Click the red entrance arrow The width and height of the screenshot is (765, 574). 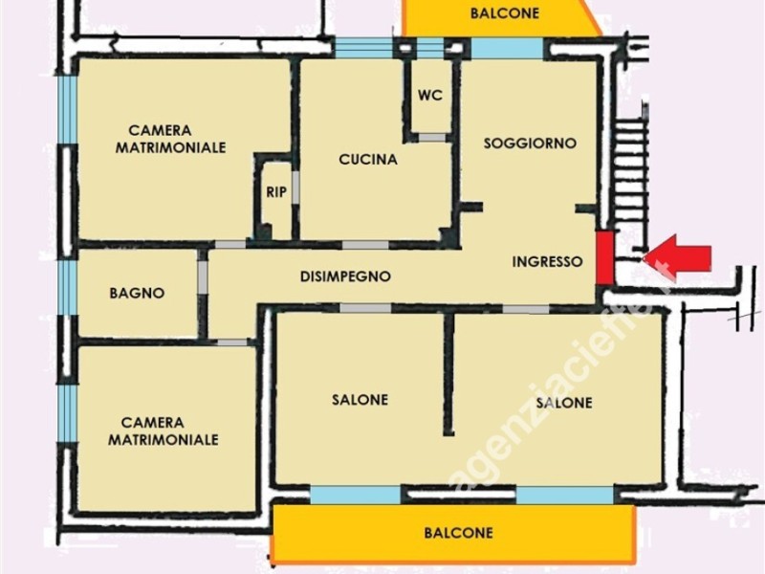tap(681, 256)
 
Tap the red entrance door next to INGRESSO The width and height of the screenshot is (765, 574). tap(604, 256)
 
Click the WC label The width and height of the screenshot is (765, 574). tap(430, 96)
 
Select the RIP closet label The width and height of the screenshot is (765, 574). tap(276, 192)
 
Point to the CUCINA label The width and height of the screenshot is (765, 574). tap(368, 160)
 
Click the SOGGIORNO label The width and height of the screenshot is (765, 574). tap(530, 143)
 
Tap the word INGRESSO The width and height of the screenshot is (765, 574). tap(547, 261)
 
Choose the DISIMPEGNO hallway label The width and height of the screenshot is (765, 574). tap(345, 276)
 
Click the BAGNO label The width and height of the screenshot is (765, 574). tap(137, 293)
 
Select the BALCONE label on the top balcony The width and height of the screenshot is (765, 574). tap(505, 13)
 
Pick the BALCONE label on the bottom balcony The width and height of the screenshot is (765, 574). tap(458, 533)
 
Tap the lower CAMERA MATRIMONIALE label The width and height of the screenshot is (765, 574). tap(164, 430)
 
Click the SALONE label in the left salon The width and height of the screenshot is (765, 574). tap(361, 399)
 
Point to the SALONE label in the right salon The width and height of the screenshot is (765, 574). tap(564, 403)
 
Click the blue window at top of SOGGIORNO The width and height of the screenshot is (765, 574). tap(507, 48)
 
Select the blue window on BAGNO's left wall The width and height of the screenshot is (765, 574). tap(67, 287)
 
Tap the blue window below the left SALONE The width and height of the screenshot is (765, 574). tap(356, 495)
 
